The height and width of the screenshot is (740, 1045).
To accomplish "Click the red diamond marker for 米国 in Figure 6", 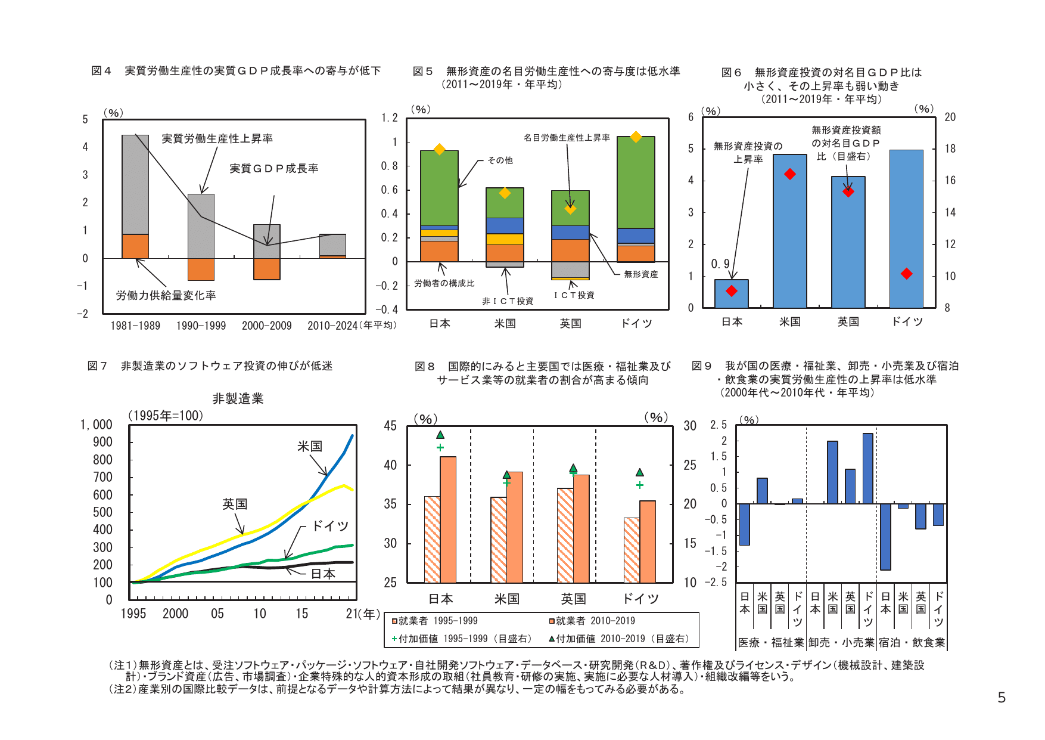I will click(790, 174).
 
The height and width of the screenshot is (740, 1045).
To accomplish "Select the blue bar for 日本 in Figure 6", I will click(732, 294).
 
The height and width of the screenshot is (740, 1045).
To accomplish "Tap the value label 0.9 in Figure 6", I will click(720, 264).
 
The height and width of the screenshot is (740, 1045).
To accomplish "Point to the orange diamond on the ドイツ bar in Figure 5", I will click(636, 137).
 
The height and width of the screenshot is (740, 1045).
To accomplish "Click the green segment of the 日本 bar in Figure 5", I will click(439, 188).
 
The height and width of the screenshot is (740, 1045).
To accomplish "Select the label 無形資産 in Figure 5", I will click(641, 274).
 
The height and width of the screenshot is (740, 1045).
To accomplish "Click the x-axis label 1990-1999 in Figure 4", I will click(201, 326).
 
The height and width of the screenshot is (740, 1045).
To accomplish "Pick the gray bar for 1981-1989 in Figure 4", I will click(135, 184).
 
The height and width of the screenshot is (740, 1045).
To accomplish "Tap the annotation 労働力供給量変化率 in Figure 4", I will click(166, 296).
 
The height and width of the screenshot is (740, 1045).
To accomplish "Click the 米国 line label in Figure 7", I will click(310, 446).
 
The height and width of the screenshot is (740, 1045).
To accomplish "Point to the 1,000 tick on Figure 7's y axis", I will click(97, 425).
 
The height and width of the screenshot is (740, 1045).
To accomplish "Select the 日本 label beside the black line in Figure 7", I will click(323, 574).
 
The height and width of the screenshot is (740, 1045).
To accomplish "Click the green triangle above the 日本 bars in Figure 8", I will click(440, 435).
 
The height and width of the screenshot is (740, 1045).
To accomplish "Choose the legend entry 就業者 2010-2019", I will click(592, 621).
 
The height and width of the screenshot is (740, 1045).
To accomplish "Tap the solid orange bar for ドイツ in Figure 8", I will click(648, 541).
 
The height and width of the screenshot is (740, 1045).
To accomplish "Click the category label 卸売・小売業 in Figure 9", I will click(841, 642).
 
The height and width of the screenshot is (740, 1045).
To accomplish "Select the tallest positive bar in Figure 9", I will click(867, 468).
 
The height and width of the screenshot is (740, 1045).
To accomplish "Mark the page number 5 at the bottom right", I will click(1002, 698).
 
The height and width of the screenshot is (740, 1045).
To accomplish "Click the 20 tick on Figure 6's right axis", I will click(950, 117).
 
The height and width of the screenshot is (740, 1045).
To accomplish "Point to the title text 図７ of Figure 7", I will click(97, 366).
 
